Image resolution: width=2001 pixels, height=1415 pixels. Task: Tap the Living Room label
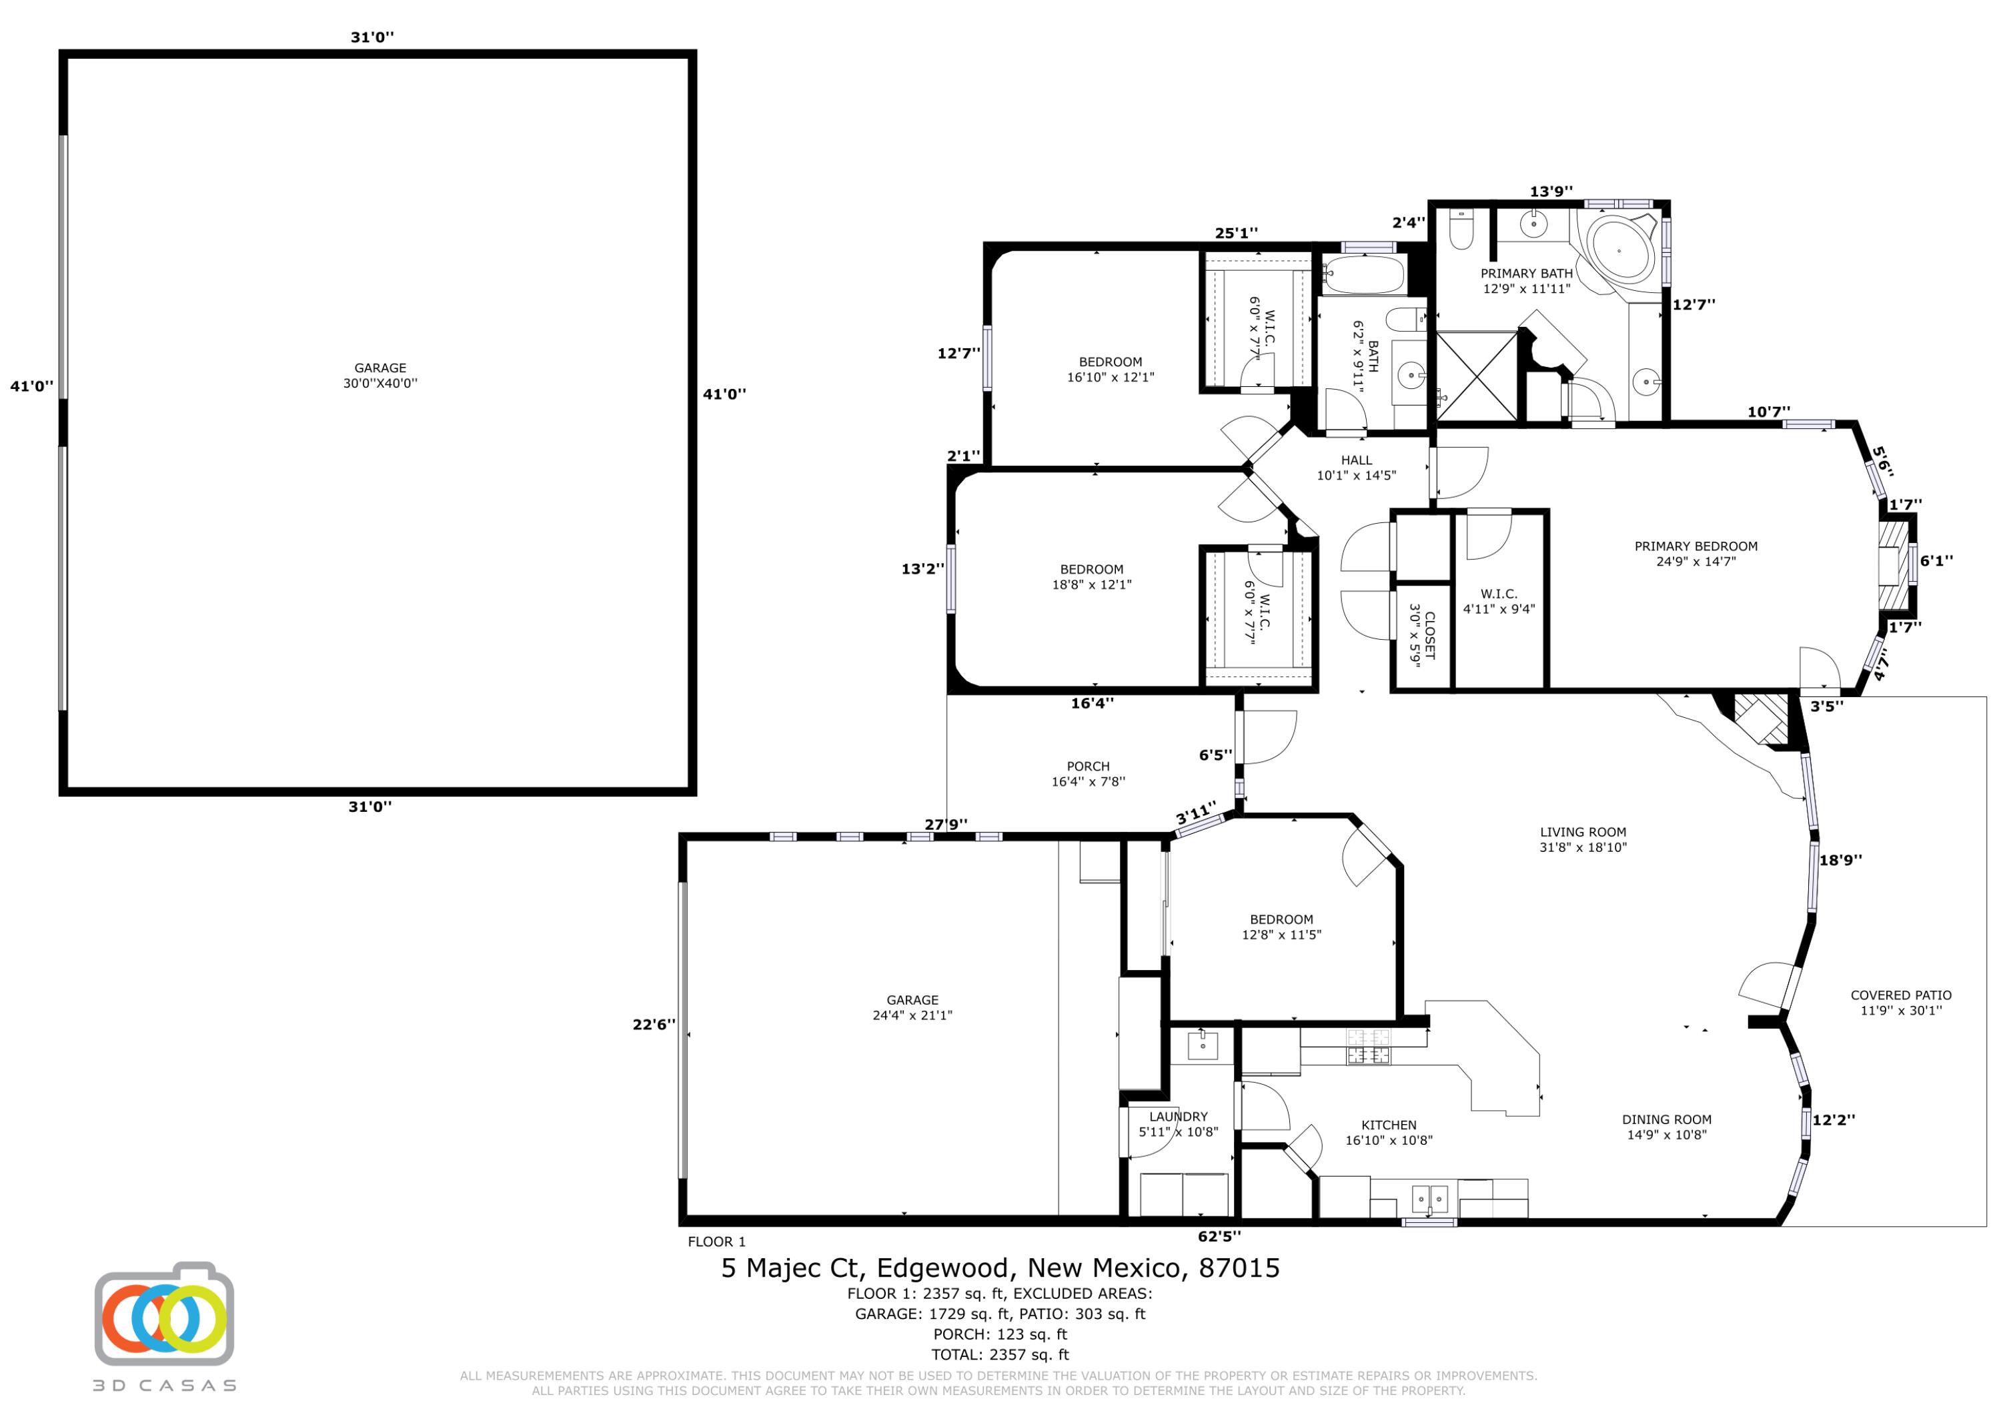point(1583,839)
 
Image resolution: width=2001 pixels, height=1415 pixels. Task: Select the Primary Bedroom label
point(1696,554)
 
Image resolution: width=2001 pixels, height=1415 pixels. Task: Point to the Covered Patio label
point(1901,1003)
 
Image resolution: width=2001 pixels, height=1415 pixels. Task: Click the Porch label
point(1089,774)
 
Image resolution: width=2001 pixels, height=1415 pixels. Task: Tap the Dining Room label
point(1666,1126)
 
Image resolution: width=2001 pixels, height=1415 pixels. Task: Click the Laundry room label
point(1179,1124)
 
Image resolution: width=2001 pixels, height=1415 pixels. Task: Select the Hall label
point(1356,467)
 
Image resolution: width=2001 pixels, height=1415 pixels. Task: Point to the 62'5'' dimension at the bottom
point(1219,1236)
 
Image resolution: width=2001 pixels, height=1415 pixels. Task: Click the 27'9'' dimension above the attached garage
point(946,824)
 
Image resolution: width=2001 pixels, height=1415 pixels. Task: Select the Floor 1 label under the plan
point(716,1242)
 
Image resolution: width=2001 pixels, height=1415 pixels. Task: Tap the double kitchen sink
point(1429,1199)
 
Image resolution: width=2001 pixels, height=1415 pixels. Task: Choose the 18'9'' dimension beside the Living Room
point(1841,860)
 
